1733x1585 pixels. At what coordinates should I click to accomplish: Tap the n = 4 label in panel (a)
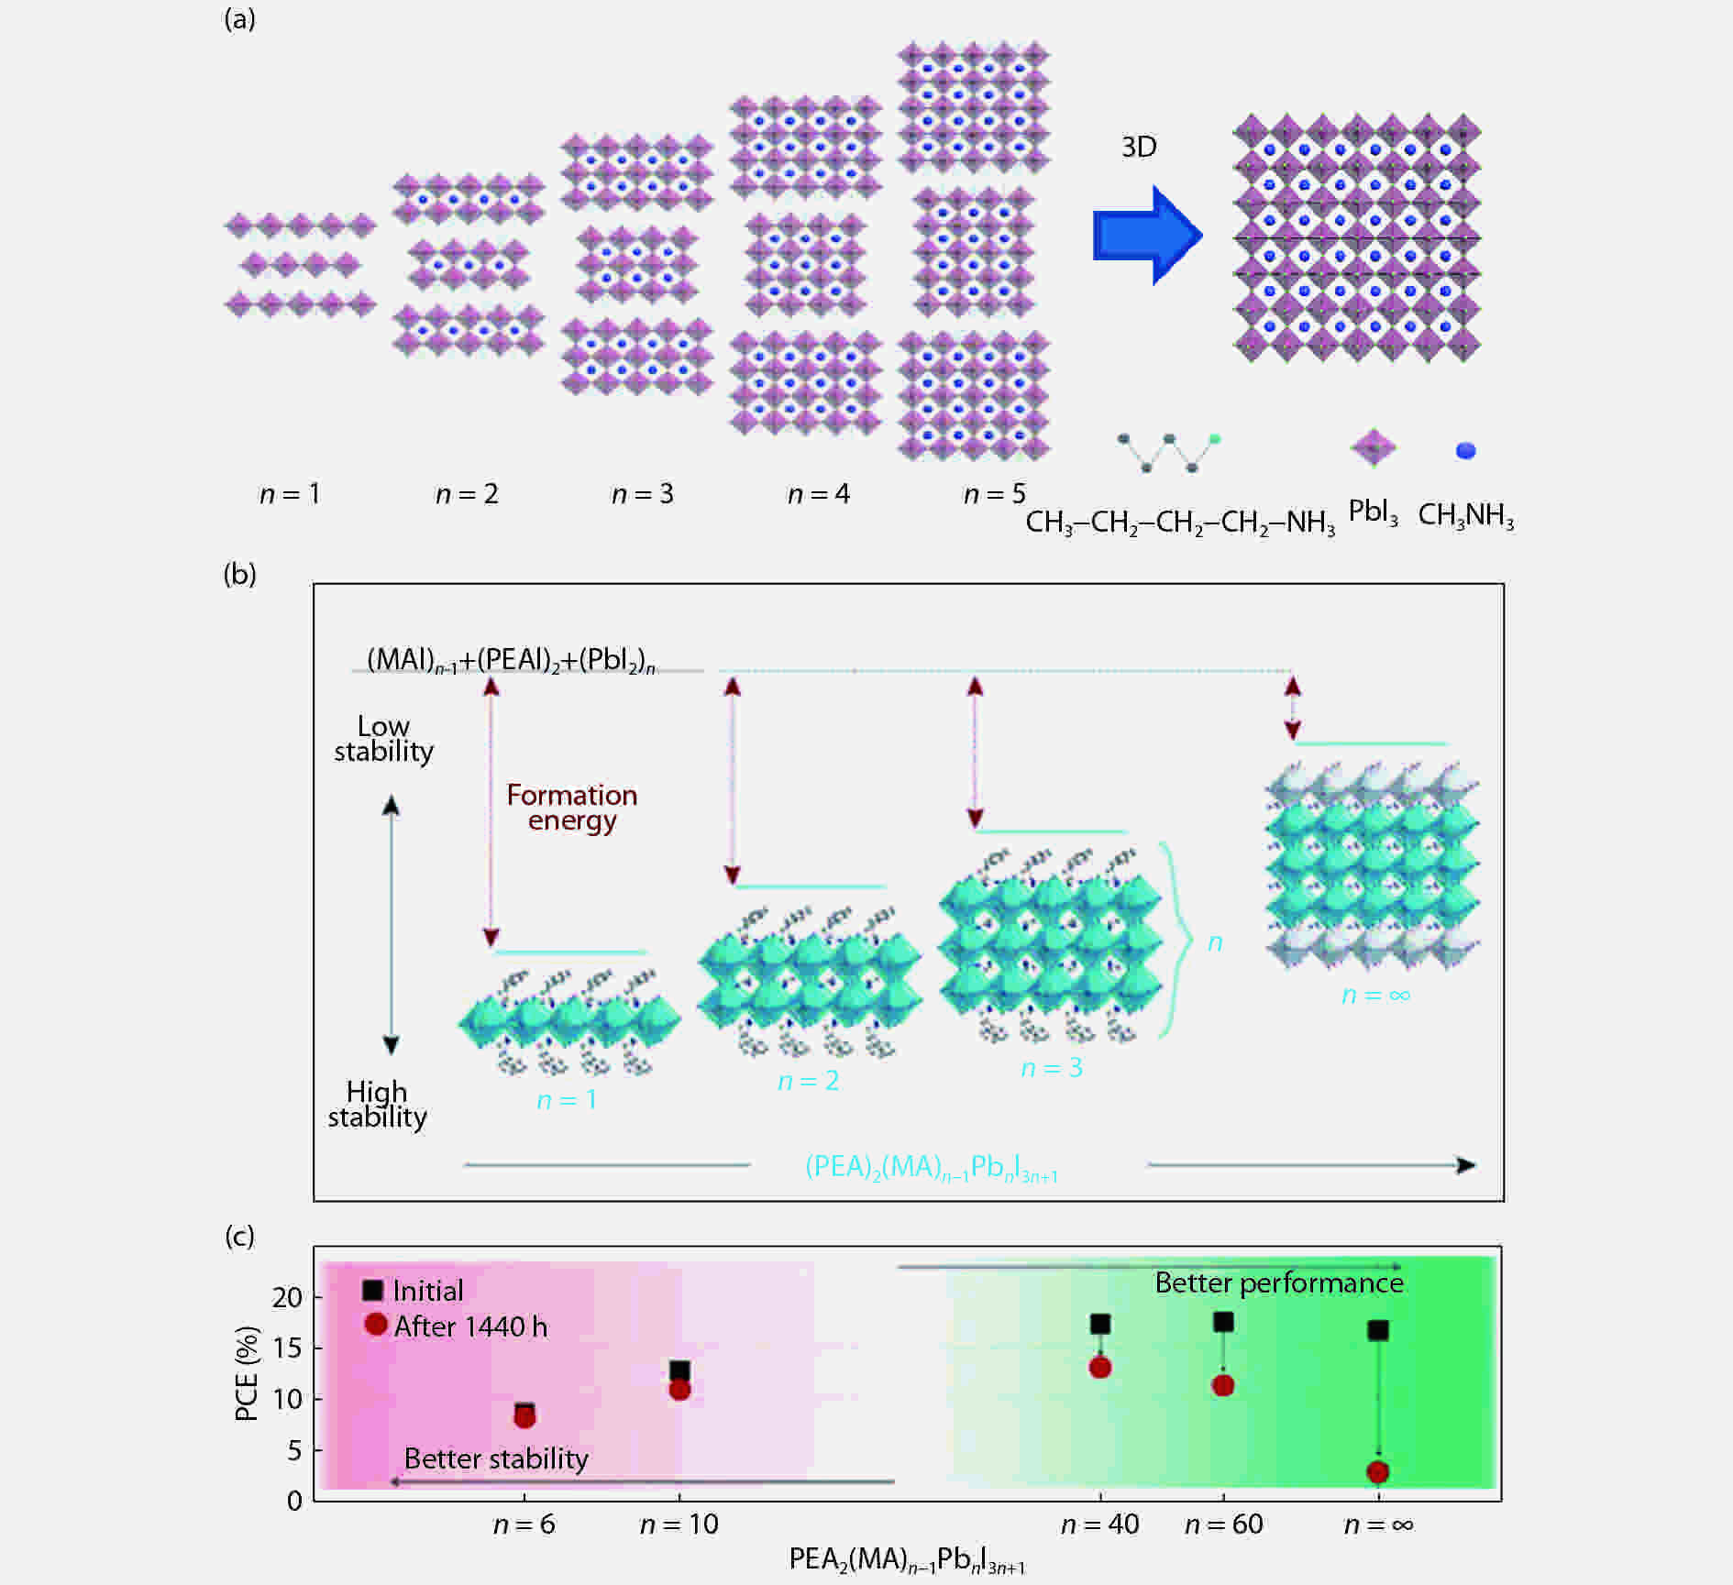tap(818, 494)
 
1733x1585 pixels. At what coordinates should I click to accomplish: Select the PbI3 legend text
tap(1373, 512)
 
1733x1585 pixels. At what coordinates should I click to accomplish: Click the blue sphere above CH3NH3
tap(1465, 450)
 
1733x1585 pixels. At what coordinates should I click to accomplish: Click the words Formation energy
tap(571, 808)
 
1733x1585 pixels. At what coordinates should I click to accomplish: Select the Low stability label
tap(383, 739)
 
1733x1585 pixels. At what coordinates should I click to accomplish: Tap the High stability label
tap(377, 1104)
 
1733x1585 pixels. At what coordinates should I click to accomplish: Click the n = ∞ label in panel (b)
tap(1375, 995)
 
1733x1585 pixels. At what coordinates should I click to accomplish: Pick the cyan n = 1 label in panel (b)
tap(567, 1099)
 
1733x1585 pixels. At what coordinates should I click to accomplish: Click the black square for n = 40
tap(1100, 1324)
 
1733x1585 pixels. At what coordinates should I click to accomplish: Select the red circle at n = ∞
tap(1377, 1472)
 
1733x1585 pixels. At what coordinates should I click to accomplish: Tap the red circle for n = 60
tap(1222, 1385)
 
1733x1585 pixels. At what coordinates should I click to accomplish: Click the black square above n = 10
tap(679, 1370)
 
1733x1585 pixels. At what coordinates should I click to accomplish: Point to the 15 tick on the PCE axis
tap(287, 1348)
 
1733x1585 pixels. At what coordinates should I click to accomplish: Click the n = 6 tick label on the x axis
tap(524, 1524)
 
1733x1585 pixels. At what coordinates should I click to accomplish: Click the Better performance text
tap(1278, 1282)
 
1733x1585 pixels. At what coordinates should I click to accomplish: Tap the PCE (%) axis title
tap(246, 1373)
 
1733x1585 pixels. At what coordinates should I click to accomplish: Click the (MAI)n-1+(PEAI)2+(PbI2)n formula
tap(511, 660)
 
